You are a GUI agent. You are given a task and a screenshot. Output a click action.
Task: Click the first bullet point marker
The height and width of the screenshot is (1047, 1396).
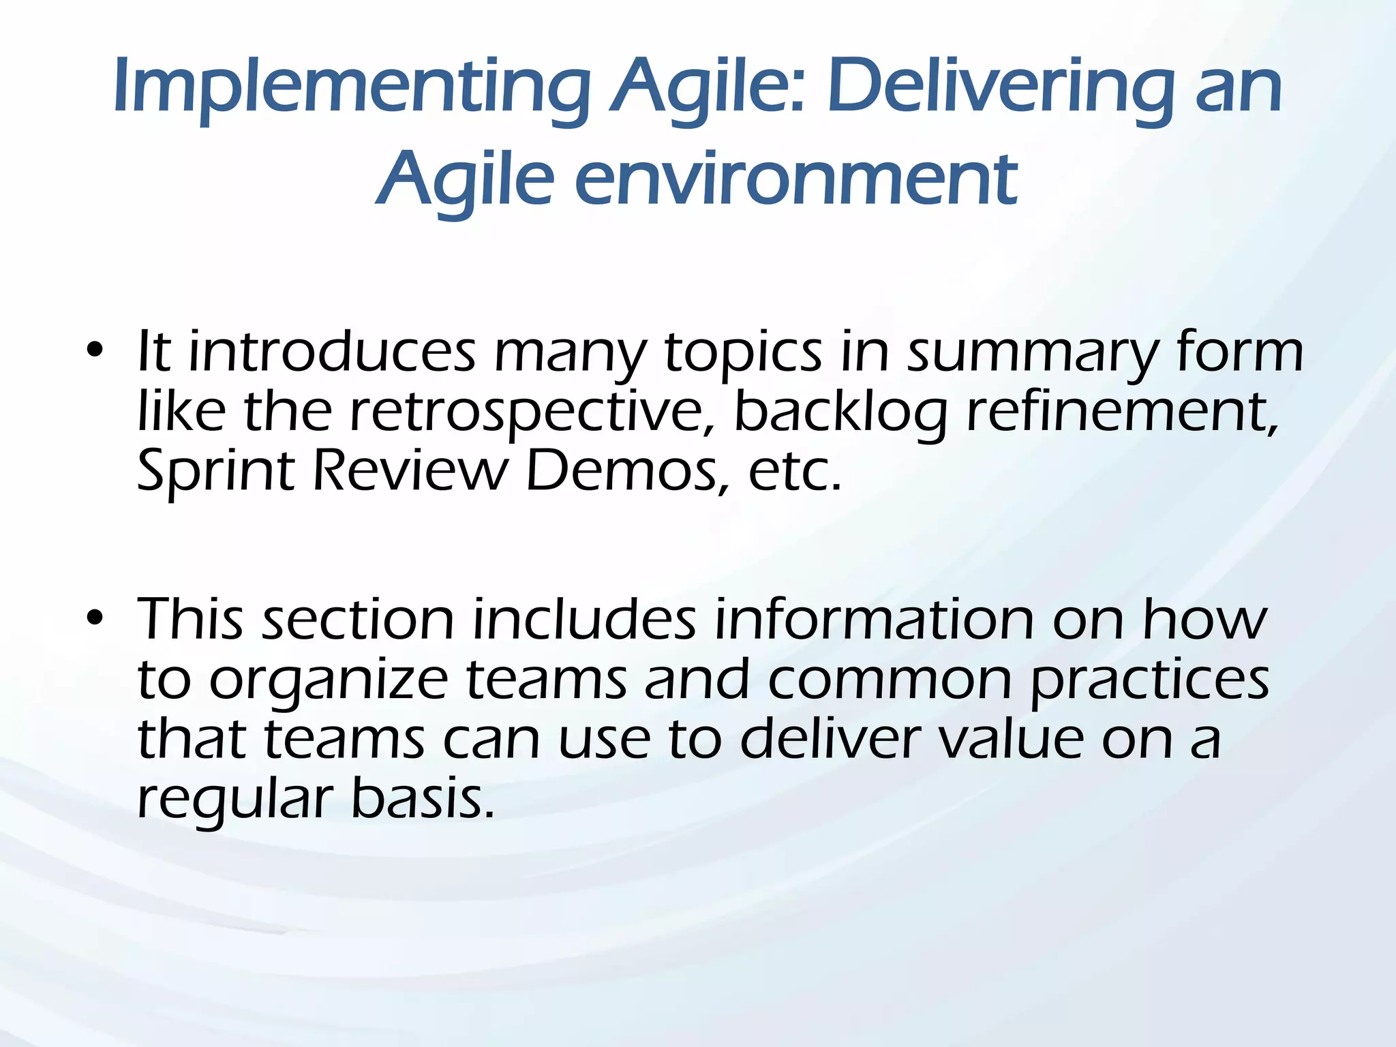point(95,352)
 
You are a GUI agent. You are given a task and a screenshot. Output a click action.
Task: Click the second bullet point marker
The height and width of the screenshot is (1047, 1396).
point(95,618)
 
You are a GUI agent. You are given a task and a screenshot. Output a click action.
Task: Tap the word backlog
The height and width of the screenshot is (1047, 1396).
point(840,412)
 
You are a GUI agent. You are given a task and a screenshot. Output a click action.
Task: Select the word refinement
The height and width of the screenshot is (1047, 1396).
point(1122,412)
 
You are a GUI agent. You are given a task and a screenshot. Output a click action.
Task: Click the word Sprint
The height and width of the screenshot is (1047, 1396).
point(215,472)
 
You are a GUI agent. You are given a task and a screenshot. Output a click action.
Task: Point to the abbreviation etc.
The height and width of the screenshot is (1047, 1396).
point(795,472)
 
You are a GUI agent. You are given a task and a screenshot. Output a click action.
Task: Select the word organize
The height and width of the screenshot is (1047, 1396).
point(328,681)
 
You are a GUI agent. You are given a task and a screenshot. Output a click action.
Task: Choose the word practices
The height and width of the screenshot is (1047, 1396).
point(1149,681)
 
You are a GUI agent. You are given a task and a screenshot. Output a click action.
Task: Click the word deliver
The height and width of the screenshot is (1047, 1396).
point(830,739)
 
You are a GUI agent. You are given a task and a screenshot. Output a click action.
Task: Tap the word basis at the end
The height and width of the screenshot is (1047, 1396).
point(422,799)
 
